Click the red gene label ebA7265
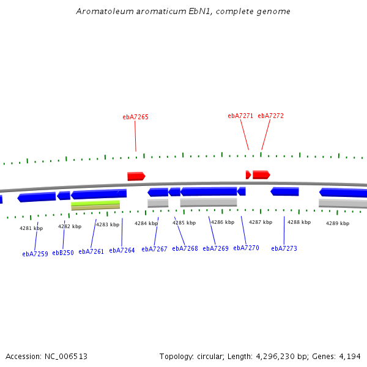pyautogui.click(x=135, y=117)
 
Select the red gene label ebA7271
pyautogui.click(x=240, y=116)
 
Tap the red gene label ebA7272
pyautogui.click(x=270, y=116)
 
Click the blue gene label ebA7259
pyautogui.click(x=35, y=254)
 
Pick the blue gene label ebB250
pyautogui.click(x=63, y=253)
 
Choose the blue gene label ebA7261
pyautogui.click(x=91, y=251)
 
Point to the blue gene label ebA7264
pyautogui.click(x=122, y=250)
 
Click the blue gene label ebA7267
pyautogui.click(x=154, y=249)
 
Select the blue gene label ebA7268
pyautogui.click(x=185, y=248)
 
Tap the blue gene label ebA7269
pyautogui.click(x=215, y=248)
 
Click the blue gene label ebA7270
pyautogui.click(x=246, y=248)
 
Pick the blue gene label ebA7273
pyautogui.click(x=284, y=248)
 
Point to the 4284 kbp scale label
pyautogui.click(x=146, y=223)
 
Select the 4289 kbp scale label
pyautogui.click(x=337, y=223)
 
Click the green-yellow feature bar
pyautogui.click(x=95, y=202)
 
